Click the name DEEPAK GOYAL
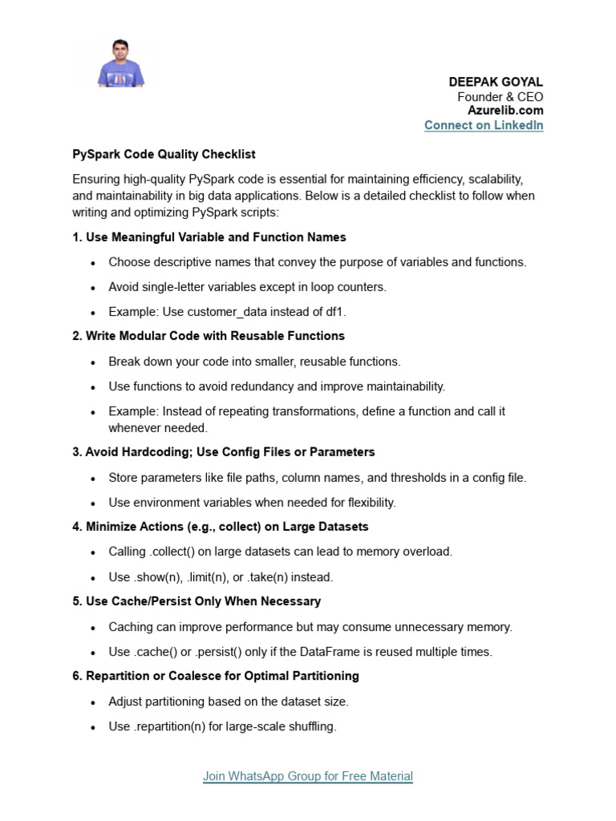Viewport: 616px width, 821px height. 496,83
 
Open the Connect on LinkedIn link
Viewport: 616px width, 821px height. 483,125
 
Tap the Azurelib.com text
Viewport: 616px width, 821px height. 505,111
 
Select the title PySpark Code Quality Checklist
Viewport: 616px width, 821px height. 164,154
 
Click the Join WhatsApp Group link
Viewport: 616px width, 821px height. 307,776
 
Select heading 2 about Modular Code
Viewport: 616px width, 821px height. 209,336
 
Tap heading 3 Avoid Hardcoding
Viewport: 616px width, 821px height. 223,452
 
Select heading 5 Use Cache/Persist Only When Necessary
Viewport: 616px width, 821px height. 196,601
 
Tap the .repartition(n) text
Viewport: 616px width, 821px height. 176,726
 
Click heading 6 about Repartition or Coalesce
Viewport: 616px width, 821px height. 215,676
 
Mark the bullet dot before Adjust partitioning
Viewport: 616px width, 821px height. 94,702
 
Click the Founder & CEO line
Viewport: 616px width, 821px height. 500,97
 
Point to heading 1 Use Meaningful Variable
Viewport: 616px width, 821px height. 209,237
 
